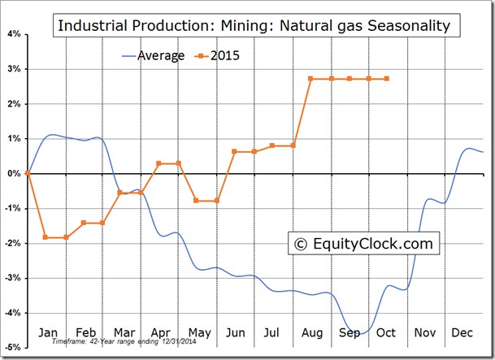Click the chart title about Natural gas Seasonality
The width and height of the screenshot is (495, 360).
[x=256, y=25]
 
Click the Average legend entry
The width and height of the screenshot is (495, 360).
[x=153, y=56]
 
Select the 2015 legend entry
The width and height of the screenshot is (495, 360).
[x=217, y=56]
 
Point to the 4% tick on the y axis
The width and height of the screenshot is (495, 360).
[x=14, y=34]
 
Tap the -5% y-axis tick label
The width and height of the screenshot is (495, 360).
[x=13, y=347]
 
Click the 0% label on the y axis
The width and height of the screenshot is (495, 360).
[x=14, y=173]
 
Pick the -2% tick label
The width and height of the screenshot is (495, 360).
[x=13, y=243]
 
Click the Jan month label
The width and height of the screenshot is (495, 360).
[x=48, y=332]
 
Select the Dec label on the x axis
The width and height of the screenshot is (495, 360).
[x=462, y=332]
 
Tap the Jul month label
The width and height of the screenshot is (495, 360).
[x=271, y=332]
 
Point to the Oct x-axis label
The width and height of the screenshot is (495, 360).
[x=386, y=332]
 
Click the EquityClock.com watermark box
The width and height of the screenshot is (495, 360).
[x=363, y=243]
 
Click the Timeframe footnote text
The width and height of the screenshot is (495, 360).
[x=124, y=341]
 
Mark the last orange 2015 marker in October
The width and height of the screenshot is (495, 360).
[x=387, y=79]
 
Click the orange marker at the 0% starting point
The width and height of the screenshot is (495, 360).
[x=28, y=173]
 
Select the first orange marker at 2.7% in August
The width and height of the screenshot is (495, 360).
[x=310, y=79]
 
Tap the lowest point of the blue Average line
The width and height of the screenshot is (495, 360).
[x=361, y=333]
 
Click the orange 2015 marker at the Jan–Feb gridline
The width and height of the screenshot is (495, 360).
[x=67, y=237]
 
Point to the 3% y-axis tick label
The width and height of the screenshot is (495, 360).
[x=14, y=69]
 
